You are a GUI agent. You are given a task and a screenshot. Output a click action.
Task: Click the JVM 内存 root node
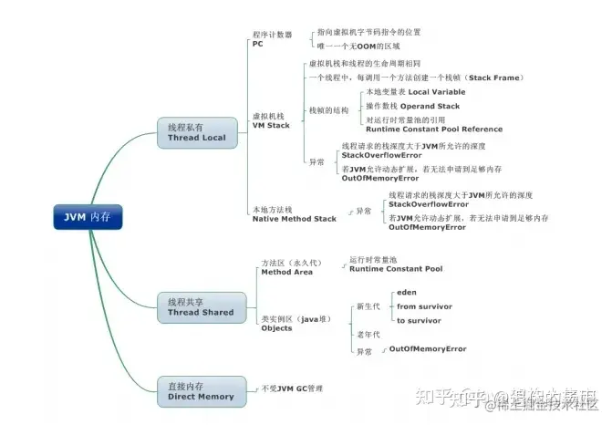point(87,217)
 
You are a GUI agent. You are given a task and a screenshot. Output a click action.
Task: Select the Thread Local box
point(196,132)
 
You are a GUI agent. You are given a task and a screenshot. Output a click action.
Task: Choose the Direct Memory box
point(201,391)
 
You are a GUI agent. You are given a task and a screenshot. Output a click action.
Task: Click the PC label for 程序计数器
point(258,43)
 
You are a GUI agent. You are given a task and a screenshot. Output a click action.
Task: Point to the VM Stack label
point(270,125)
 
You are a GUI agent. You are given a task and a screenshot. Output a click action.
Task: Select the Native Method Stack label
point(294,219)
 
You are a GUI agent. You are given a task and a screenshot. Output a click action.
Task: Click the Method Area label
point(286,272)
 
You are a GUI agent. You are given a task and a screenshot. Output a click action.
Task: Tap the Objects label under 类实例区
point(276,328)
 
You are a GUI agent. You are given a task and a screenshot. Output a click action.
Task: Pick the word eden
point(407,293)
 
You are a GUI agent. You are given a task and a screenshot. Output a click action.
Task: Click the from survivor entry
point(424,306)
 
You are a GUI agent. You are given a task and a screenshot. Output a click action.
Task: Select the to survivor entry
point(420,320)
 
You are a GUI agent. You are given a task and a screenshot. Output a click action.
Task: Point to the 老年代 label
point(367,335)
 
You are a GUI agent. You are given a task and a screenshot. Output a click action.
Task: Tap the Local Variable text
point(436,92)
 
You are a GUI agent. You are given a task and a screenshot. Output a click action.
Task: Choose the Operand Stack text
point(439,107)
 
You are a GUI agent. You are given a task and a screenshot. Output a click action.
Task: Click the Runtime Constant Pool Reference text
point(434,130)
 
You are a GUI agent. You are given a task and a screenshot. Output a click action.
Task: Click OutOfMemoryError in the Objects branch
point(428,349)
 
